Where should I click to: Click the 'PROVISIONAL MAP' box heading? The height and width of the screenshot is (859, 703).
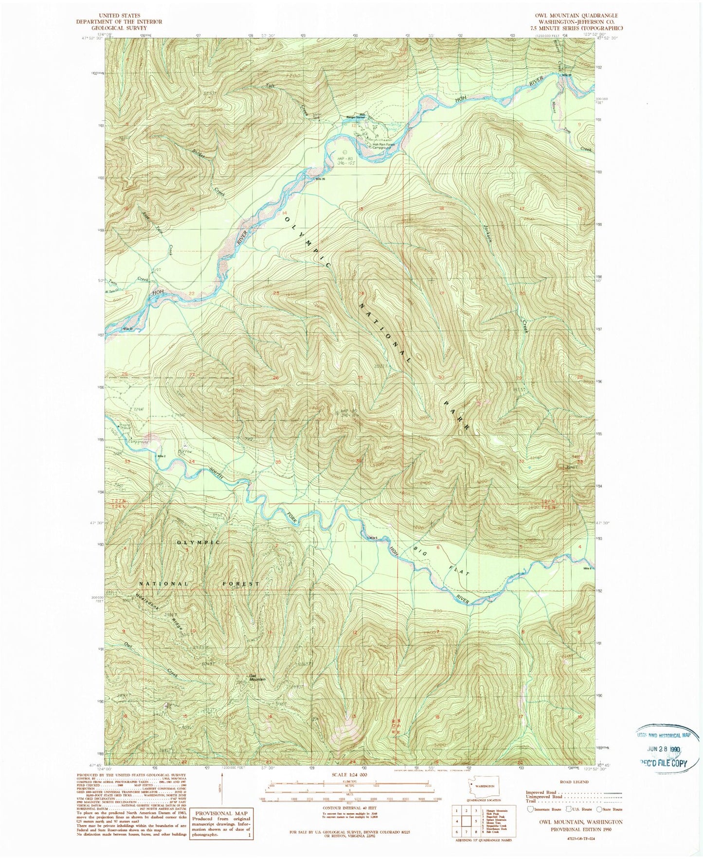[x=221, y=813]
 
